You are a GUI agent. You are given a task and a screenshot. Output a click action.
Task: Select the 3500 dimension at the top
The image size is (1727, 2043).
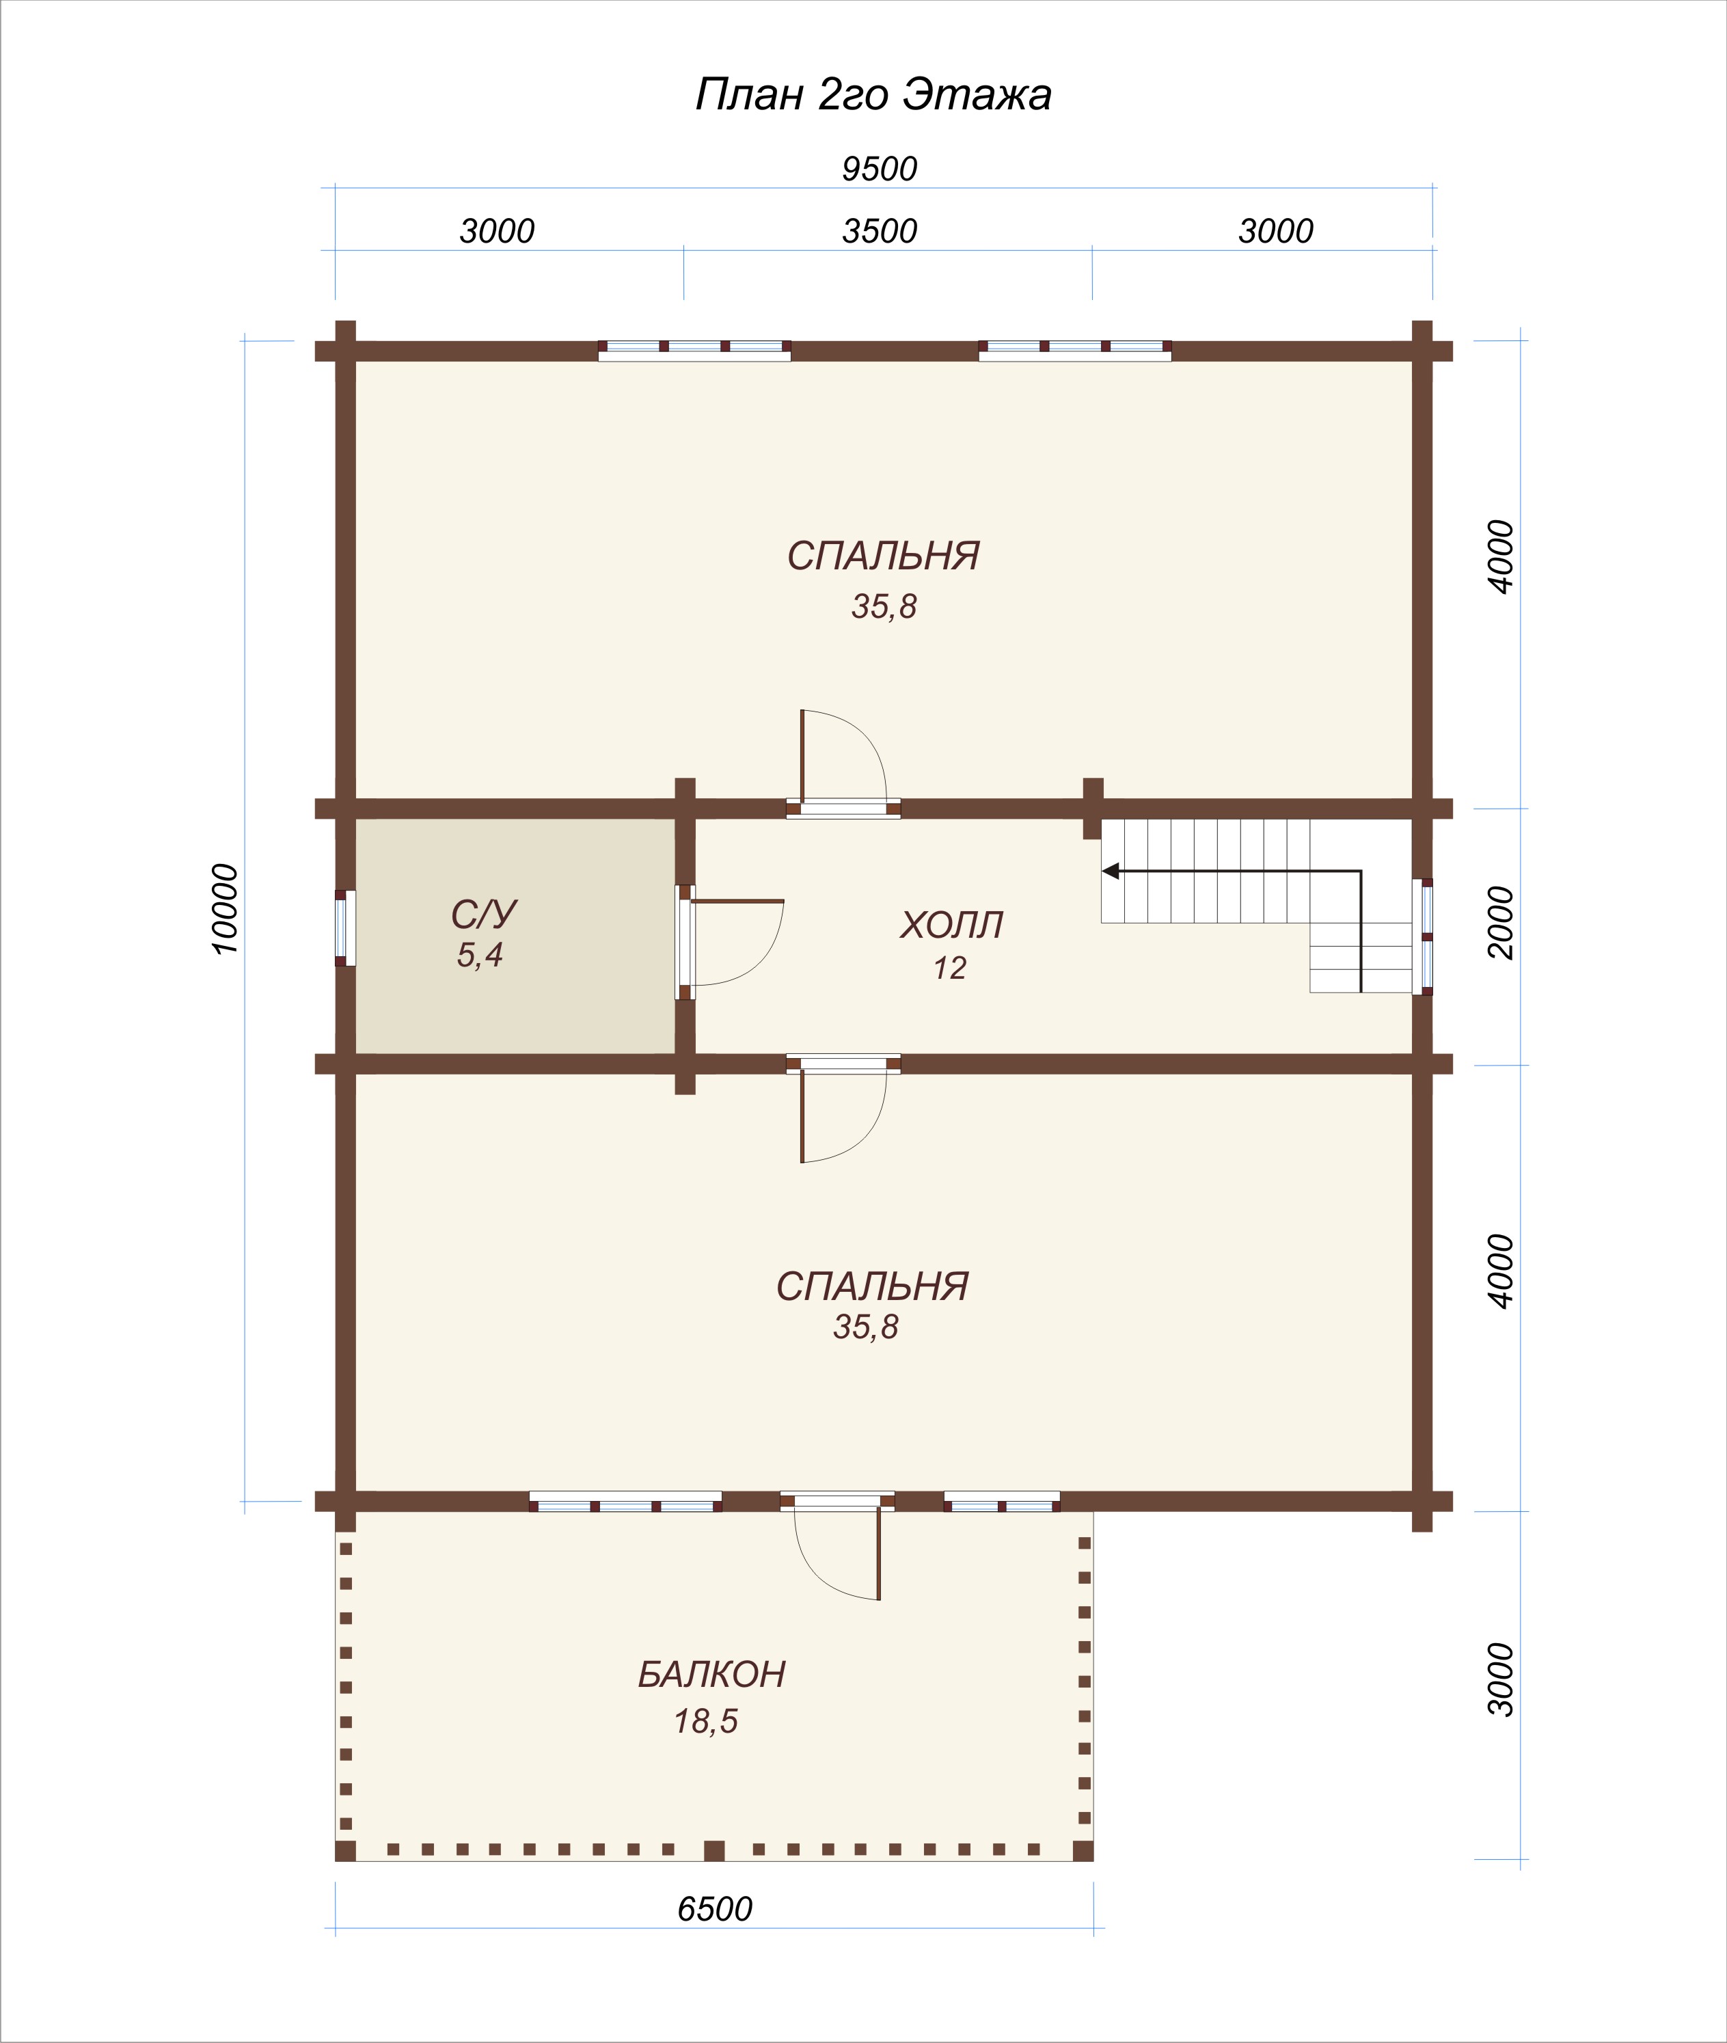coord(879,231)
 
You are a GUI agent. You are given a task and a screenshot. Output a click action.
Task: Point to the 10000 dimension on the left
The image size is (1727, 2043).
coord(224,908)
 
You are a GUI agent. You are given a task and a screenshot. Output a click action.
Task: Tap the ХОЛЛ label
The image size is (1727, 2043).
coord(951,925)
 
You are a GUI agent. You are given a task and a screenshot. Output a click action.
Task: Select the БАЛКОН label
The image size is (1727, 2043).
coord(711,1674)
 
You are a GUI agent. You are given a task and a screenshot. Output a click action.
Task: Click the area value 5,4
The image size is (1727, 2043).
coord(480,954)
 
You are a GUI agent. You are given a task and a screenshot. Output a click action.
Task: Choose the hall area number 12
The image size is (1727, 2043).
coord(950,968)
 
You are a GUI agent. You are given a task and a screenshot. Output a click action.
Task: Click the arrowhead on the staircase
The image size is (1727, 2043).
coord(1110,870)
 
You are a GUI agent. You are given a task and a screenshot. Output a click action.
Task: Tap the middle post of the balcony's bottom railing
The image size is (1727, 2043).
coord(715,1850)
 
